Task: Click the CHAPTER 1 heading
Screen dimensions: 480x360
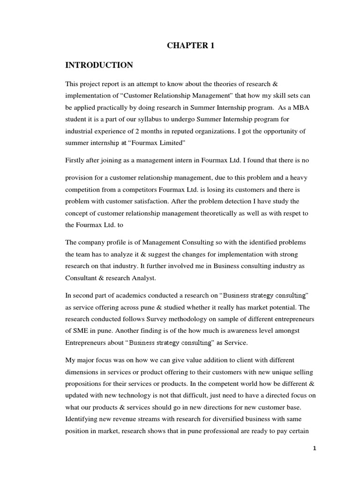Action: point(186,45)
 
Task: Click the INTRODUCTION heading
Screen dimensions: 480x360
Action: point(99,65)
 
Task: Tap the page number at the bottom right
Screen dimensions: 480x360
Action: point(315,448)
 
